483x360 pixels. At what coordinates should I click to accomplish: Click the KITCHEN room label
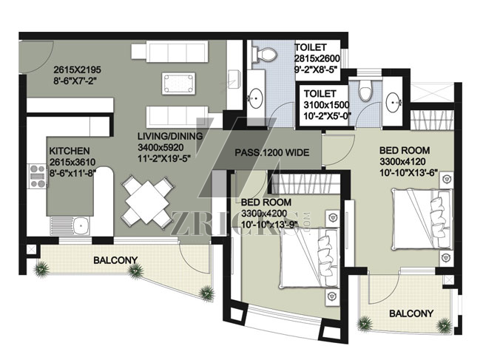coord(70,151)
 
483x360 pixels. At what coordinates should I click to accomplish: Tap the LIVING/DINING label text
coord(170,136)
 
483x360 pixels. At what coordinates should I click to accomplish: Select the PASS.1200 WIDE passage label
coord(272,152)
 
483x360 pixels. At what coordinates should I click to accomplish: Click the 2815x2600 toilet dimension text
coord(317,58)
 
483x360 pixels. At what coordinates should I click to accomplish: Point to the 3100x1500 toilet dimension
coord(326,105)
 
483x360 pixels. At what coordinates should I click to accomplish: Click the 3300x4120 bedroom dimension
coord(402,161)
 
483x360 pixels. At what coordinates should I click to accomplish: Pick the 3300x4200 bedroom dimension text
coord(264,213)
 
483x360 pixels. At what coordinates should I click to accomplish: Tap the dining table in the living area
coord(147,202)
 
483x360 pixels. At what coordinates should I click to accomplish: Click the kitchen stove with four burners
coord(38,176)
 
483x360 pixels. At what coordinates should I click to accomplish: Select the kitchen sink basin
coord(81,225)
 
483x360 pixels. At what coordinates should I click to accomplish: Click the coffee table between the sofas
coord(179,84)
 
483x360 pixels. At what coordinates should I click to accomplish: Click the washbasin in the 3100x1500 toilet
coord(394,100)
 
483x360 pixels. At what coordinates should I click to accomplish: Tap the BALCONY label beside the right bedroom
coord(411,313)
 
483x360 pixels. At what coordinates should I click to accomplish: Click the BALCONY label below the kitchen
coord(115,260)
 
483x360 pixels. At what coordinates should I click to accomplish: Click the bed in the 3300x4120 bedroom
coord(422,220)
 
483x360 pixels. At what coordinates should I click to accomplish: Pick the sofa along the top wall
coord(169,50)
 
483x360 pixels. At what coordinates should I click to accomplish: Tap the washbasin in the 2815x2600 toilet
coord(255,98)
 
